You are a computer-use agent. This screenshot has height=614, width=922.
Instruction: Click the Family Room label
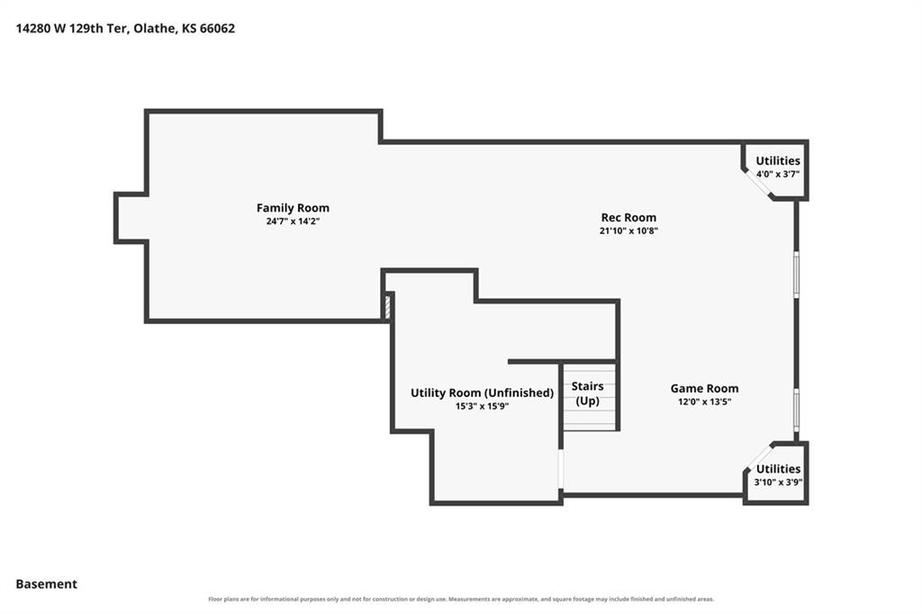[x=293, y=208]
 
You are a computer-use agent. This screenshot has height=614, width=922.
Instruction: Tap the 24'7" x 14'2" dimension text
[x=293, y=221]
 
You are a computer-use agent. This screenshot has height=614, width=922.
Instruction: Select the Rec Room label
[x=628, y=217]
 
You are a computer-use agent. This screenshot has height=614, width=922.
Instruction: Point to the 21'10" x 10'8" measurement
[x=628, y=231]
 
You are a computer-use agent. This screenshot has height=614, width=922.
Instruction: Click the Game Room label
[x=704, y=388]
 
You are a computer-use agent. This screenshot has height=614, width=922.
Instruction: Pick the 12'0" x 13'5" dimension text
[x=704, y=402]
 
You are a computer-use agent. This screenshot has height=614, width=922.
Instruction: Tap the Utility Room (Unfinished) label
[x=483, y=393]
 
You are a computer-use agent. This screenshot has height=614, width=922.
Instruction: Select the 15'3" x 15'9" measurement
[x=483, y=406]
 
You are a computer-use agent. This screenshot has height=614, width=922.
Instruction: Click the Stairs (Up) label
[x=587, y=393]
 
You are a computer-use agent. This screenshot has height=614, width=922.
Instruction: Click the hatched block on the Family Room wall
[x=387, y=307]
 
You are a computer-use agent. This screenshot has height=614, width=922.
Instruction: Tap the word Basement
[x=47, y=584]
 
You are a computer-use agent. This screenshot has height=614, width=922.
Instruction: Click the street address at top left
[x=125, y=28]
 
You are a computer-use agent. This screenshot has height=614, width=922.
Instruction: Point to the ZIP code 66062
[x=218, y=28]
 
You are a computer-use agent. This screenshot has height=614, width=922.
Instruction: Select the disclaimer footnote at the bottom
[x=461, y=600]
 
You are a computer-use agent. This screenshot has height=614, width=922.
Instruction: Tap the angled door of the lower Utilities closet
[x=758, y=457]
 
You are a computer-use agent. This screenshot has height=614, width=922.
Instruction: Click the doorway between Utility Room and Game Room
[x=561, y=469]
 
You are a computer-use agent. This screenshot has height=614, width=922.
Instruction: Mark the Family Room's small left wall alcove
[x=131, y=217]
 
